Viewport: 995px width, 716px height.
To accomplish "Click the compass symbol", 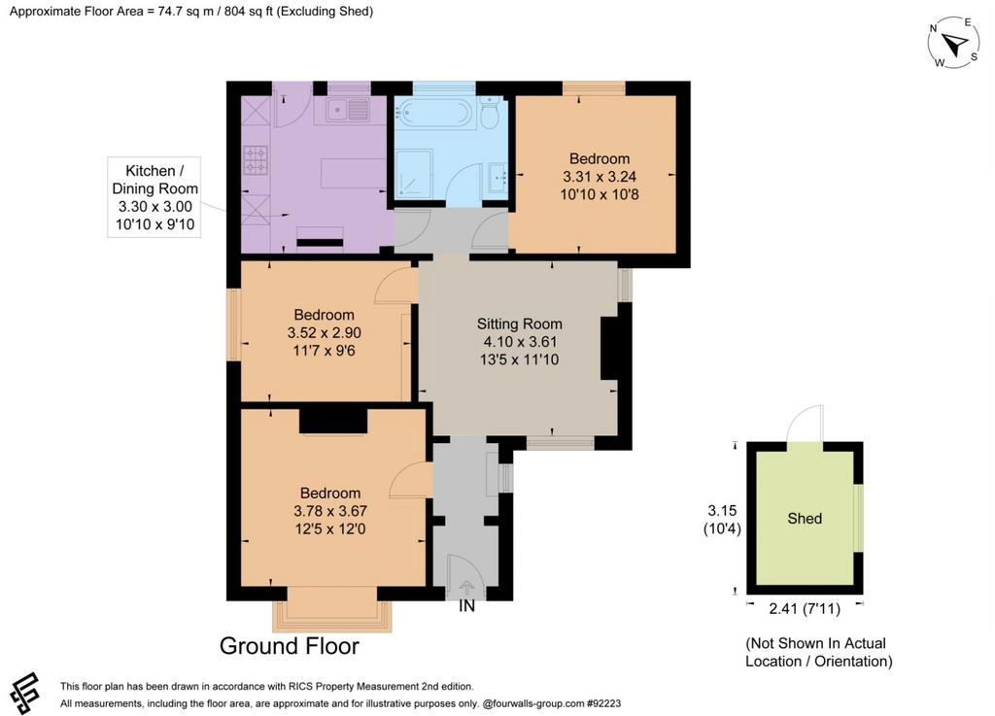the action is tap(954, 43).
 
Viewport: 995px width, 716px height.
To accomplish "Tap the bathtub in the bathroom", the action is tap(434, 113).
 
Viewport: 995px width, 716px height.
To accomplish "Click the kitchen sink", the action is tap(348, 110).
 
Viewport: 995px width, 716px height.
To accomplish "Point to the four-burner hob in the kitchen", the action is tap(256, 160).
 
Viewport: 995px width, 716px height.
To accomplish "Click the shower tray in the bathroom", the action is tap(414, 172).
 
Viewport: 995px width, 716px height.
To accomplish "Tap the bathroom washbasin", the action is tap(498, 178).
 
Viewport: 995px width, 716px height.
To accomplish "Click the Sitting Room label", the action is tap(520, 324).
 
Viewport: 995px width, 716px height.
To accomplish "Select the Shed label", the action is tap(805, 518).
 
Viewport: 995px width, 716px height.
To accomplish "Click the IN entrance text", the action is tap(466, 606).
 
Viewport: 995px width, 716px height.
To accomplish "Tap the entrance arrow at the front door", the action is tap(466, 587).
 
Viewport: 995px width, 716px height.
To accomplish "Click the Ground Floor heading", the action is tap(290, 646).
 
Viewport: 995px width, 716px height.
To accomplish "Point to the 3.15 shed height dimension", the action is tap(722, 510).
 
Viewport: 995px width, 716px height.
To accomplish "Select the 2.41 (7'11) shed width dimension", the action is tap(805, 609).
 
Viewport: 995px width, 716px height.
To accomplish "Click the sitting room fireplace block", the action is tap(608, 348).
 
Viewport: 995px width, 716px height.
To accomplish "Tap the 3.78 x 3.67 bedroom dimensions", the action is tap(330, 511).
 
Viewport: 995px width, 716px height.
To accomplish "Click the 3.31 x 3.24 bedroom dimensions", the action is tap(600, 177).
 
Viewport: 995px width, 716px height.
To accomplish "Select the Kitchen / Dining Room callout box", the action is tap(154, 197).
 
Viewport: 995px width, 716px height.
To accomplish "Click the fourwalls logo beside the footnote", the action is tap(25, 693).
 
